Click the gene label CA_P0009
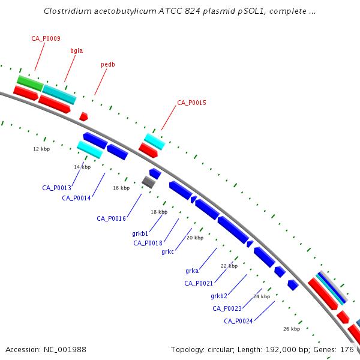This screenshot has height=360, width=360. pyautogui.click(x=46, y=38)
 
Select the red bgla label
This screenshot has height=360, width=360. pyautogui.click(x=76, y=51)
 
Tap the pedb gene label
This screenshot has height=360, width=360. pyautogui.click(x=108, y=65)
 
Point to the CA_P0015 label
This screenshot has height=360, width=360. pyautogui.click(x=192, y=103)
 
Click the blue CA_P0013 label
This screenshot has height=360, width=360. pyautogui.click(x=57, y=188)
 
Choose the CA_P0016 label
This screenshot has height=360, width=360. pyautogui.click(x=112, y=218)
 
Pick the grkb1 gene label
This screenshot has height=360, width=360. pyautogui.click(x=140, y=234)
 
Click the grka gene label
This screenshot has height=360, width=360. pyautogui.click(x=192, y=271)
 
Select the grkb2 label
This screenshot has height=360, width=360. pyautogui.click(x=219, y=296)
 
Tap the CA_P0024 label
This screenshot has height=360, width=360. pyautogui.click(x=238, y=321)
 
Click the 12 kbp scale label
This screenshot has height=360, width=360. pyautogui.click(x=41, y=149)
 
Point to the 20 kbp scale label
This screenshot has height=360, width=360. pyautogui.click(x=195, y=238)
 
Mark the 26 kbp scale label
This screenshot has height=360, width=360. pyautogui.click(x=292, y=329)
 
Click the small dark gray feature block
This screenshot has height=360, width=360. pyautogui.click(x=149, y=182)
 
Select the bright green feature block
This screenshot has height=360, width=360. pyautogui.click(x=30, y=83)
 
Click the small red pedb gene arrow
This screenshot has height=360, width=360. pyautogui.click(x=83, y=116)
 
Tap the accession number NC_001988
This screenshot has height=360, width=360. pyautogui.click(x=65, y=350)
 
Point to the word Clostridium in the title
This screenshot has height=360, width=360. pyautogui.click(x=68, y=11)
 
